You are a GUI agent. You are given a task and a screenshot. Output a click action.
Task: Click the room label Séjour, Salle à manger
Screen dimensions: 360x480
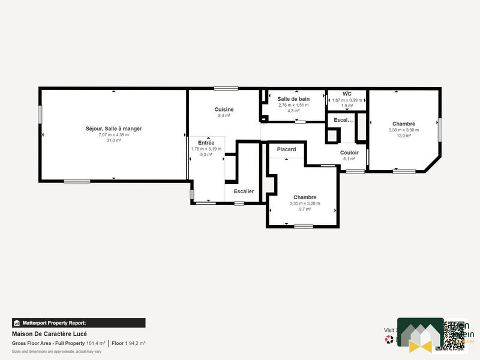pos(113,128)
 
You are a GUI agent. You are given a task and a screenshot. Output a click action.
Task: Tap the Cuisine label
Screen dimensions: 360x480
pos(224,109)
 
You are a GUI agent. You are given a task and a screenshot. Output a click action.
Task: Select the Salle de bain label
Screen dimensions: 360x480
pos(293,98)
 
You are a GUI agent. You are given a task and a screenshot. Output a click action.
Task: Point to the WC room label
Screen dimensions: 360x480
pos(347,94)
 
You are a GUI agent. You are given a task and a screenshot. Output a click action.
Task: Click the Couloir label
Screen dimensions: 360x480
pos(349,153)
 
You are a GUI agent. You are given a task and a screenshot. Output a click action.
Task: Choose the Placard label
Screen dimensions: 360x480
pos(286,149)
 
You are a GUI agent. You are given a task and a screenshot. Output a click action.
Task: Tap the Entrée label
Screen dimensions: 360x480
pos(206,143)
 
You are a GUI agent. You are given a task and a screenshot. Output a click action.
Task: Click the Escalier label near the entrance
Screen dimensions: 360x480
pos(244,191)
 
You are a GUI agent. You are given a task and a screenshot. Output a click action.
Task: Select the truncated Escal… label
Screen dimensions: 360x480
pos(343,120)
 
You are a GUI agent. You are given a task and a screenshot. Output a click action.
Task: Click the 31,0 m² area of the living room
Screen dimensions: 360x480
pos(113,140)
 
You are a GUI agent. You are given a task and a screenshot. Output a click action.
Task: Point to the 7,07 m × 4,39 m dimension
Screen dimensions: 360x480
pos(113,134)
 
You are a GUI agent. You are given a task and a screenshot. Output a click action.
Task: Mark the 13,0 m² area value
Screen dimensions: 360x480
pos(404,136)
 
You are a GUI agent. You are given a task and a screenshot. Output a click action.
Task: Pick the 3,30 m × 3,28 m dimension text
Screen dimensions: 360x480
pos(305,203)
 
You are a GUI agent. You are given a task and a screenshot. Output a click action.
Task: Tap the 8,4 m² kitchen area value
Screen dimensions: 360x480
pos(224,116)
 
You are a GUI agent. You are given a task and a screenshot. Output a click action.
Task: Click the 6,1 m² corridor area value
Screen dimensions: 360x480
pos(349,159)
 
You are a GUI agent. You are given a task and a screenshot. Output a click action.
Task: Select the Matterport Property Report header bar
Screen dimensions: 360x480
pos(79,322)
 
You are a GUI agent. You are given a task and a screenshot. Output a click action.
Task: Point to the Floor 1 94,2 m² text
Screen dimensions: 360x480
pos(128,343)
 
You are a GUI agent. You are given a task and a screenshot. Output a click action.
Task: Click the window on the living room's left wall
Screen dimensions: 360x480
pos(40,115)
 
